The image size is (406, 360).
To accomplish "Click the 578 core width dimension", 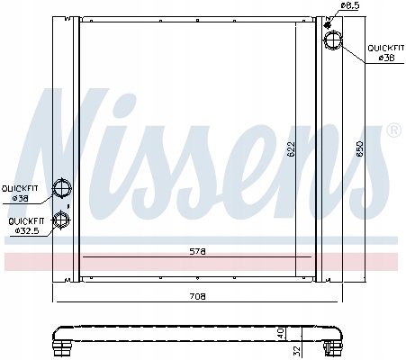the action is pyautogui.click(x=197, y=252).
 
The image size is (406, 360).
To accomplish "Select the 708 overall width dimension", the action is pyautogui.click(x=197, y=296).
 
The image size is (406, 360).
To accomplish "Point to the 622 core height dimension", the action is pyautogui.click(x=291, y=149).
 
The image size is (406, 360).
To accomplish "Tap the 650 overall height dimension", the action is pyautogui.click(x=359, y=149).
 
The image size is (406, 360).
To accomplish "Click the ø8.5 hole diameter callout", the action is pyautogui.click(x=350, y=5).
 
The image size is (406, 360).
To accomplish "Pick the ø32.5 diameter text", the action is pyautogui.click(x=27, y=230).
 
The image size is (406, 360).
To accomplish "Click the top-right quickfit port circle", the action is pyautogui.click(x=333, y=40).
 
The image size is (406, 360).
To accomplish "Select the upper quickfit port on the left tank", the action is pyautogui.click(x=62, y=188).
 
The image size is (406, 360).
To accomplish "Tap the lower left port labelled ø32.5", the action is pyautogui.click(x=61, y=220).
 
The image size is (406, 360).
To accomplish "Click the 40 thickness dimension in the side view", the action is pyautogui.click(x=280, y=333).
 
